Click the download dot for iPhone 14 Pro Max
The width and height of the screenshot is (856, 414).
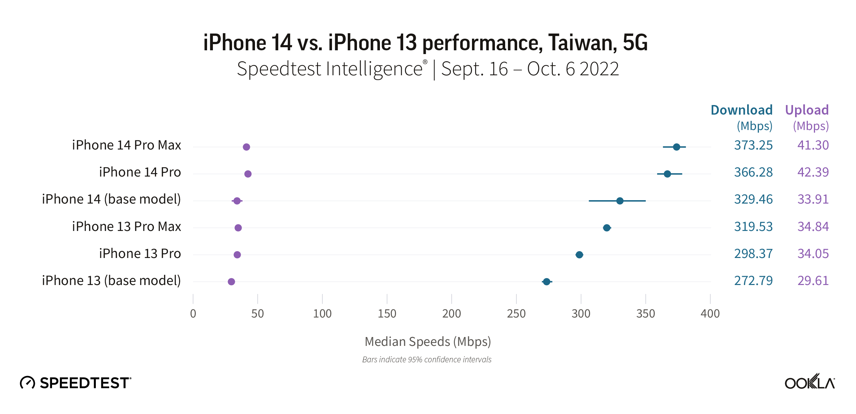[x=676, y=147]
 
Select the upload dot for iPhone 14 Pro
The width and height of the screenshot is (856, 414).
[x=248, y=174]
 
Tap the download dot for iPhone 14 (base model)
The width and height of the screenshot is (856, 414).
[x=619, y=201]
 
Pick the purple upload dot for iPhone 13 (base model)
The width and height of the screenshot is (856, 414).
[x=231, y=282]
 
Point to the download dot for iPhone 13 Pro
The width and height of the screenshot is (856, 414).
[x=579, y=255]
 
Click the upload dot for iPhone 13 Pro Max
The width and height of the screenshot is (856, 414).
[x=238, y=228]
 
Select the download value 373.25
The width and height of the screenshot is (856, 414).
[x=753, y=145]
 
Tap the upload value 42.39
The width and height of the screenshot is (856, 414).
[x=813, y=172]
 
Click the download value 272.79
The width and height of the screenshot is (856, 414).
[x=753, y=281]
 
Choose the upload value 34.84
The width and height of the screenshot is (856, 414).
[x=813, y=227]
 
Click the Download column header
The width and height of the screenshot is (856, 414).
[x=741, y=110]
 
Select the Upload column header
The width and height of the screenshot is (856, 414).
[x=807, y=110]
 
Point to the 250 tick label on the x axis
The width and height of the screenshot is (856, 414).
[x=516, y=314]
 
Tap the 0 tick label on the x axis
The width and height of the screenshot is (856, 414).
[x=193, y=314]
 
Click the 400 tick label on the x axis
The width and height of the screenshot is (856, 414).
[x=710, y=314]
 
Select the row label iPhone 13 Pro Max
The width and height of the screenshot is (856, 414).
[x=126, y=227]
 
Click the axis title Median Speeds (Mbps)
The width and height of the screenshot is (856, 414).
[x=427, y=341]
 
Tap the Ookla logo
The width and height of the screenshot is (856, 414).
[x=809, y=382]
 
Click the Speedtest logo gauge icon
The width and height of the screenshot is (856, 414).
[x=27, y=383]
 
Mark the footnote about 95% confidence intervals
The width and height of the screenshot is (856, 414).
[x=427, y=360]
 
